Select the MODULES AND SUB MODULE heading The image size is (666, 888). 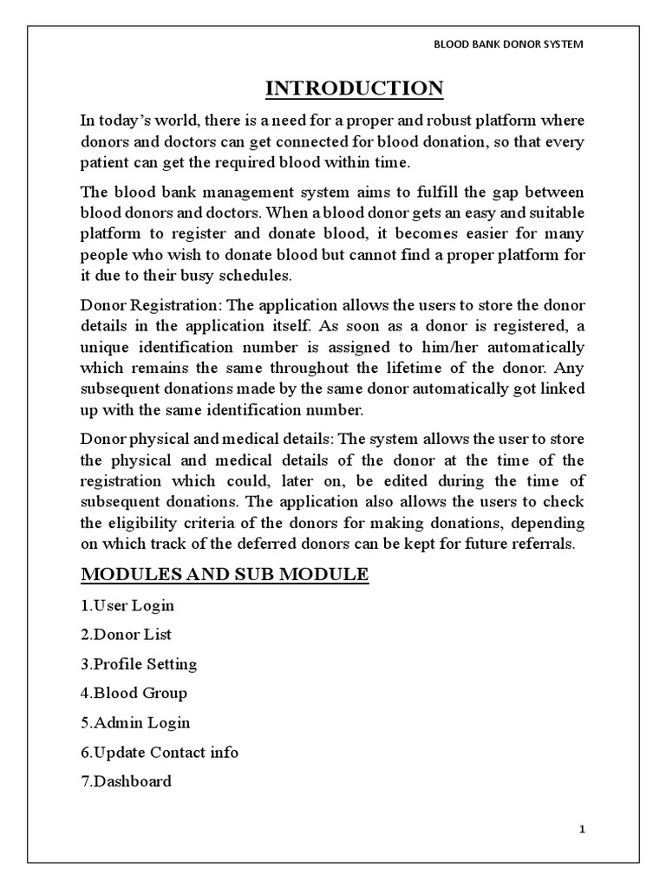point(225,575)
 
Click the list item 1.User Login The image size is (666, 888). point(128,605)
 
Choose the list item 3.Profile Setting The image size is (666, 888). point(139,664)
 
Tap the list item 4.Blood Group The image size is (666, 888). point(134,694)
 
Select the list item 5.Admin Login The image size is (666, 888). point(135,722)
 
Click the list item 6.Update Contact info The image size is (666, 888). point(160,753)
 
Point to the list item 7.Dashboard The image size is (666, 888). point(126,781)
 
